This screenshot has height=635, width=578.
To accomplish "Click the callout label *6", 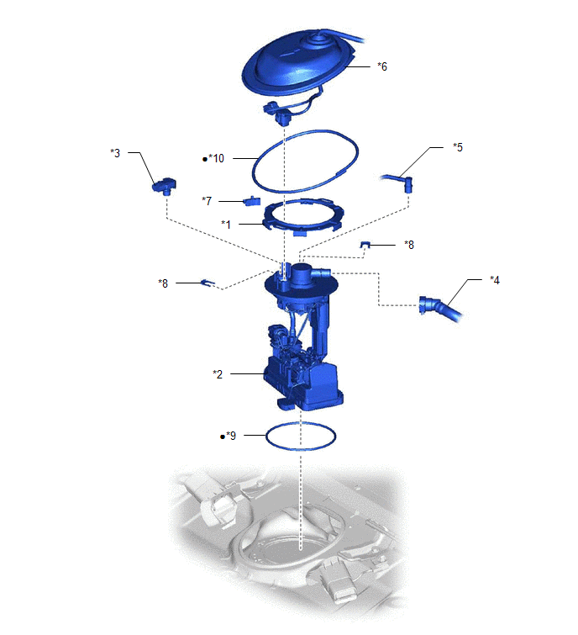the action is [382, 66].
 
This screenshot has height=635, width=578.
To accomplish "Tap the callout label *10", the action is [216, 158].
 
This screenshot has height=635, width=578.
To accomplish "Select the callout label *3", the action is [115, 153].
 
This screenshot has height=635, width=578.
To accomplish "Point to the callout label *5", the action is [458, 147].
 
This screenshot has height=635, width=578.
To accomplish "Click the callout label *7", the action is [207, 201].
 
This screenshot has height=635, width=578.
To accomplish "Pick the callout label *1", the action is [226, 224].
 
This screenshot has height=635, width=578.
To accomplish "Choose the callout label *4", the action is [494, 280].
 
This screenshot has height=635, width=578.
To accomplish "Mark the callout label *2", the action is [218, 374].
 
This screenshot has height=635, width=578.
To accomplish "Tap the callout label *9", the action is [231, 436].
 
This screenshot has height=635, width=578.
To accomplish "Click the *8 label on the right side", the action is [409, 245].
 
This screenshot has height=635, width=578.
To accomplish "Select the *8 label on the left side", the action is [163, 283].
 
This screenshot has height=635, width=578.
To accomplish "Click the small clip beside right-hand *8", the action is [365, 244].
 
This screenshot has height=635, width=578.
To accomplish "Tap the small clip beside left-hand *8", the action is [208, 283].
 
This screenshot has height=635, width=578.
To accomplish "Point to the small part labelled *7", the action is [251, 201].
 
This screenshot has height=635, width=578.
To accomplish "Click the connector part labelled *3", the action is [164, 186].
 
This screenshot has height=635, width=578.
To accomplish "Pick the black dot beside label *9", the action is [223, 437].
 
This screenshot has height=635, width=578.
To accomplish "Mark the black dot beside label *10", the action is [205, 159].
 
